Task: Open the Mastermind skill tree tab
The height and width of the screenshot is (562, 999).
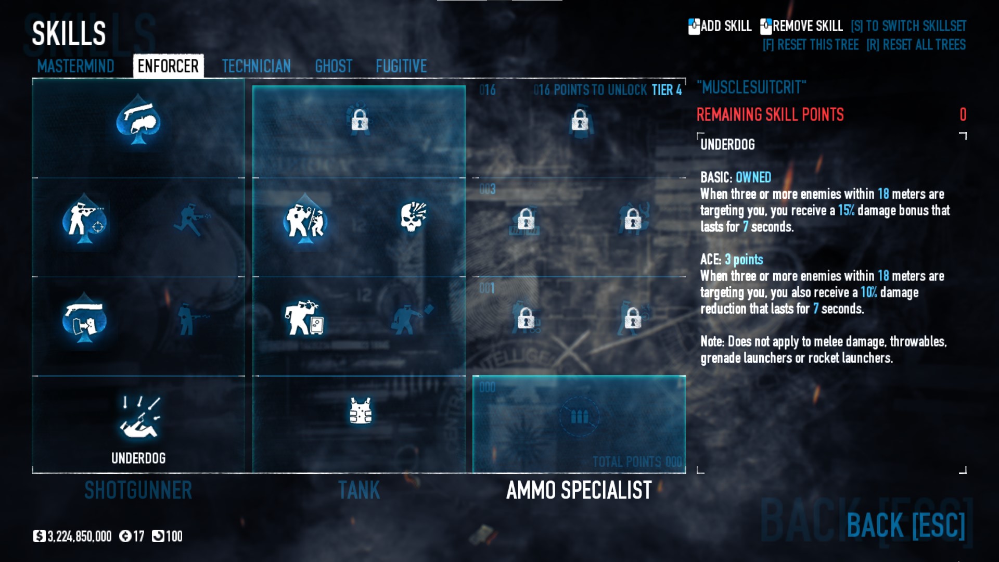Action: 75,66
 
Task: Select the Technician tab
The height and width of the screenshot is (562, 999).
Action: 256,66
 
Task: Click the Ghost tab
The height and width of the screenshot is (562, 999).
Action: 334,66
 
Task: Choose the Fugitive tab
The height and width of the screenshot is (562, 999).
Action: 401,66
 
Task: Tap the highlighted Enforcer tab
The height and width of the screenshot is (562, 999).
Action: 168,66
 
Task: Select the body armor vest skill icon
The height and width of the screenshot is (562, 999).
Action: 360,411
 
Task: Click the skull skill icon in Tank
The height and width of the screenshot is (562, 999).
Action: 413,217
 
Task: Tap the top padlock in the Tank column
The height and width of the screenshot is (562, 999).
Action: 360,121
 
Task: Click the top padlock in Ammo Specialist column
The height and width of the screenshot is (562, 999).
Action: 580,121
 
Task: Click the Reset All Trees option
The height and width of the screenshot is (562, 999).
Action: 916,45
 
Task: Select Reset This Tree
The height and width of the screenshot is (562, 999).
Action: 810,45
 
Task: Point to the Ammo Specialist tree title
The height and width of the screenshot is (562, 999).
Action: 579,490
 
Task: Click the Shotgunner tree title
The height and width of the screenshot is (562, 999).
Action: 138,490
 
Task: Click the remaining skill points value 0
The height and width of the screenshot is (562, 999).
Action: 963,114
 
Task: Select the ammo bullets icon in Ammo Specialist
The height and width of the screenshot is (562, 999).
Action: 579,417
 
